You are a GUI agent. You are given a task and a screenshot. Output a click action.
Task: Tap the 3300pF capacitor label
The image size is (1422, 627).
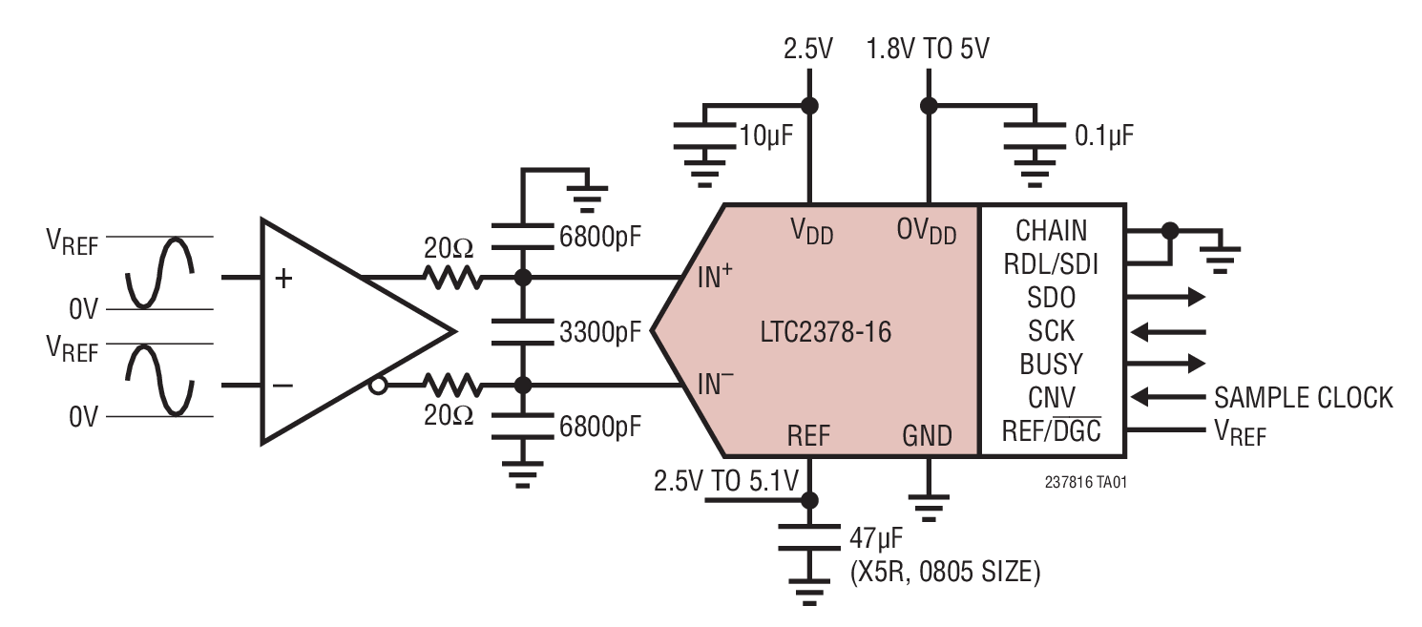pos(601,332)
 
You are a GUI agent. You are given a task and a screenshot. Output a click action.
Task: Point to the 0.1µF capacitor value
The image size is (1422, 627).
pos(1104,135)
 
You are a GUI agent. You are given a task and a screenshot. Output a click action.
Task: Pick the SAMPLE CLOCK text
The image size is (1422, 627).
pos(1303,397)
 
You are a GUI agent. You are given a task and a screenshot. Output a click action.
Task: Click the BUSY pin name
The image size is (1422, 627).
pos(1051,364)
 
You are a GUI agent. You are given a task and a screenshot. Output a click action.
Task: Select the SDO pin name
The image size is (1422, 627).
pos(1051,297)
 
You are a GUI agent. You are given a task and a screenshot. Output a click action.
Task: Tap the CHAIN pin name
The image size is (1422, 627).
pos(1051,230)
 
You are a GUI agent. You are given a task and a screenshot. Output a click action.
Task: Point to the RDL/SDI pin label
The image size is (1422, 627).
pos(1051,263)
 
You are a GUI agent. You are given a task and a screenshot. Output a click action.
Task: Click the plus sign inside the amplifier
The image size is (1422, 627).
pos(283,278)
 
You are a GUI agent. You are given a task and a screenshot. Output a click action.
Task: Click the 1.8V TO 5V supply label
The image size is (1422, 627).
pos(927,49)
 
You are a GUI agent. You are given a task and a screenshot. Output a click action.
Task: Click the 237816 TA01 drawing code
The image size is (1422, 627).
pos(1085,482)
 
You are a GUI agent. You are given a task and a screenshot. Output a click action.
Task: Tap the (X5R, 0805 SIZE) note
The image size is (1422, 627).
pos(944,572)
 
